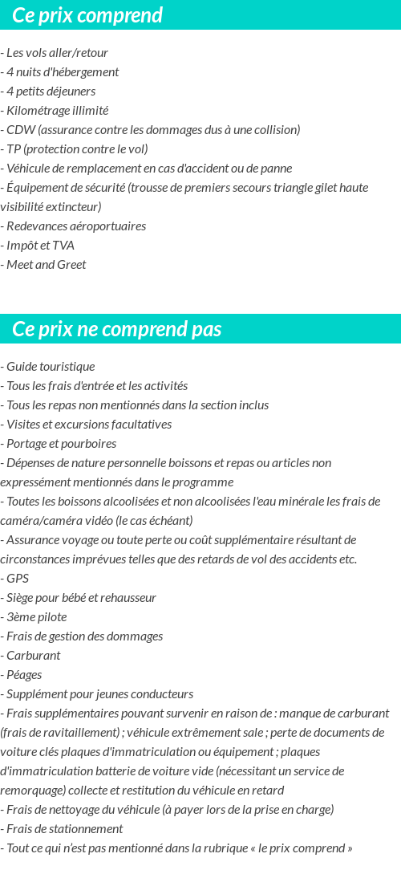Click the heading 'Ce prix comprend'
coord(87,15)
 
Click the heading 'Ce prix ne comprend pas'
coord(117,329)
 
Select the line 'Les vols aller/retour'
coord(57,53)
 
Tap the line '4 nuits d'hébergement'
coord(63,72)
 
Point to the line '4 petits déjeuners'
coord(51,91)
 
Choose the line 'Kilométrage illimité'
coord(57,111)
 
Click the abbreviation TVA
coord(63,246)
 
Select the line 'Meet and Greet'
coord(46,265)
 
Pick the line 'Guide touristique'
coord(51,367)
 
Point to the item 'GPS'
coord(17,579)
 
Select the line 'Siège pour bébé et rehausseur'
coord(81,598)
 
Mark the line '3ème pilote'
coord(36,617)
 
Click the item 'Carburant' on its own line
coord(33,656)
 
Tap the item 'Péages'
coord(24,675)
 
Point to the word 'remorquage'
coord(32,791)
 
